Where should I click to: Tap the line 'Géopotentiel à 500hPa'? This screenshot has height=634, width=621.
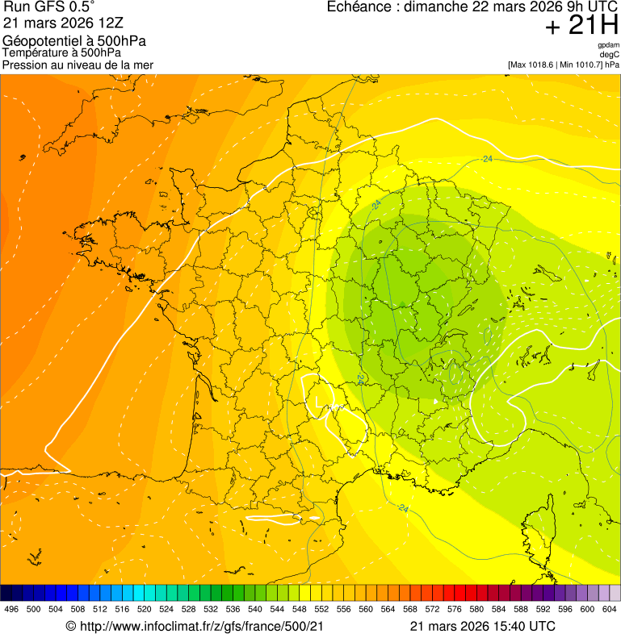pos(75,41)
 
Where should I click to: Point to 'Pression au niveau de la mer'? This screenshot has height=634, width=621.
pos(78,65)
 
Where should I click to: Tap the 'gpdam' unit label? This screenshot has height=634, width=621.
pos(608,45)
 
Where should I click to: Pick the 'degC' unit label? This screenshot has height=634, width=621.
pos(610,54)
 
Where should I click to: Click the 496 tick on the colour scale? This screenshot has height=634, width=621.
pos(11,610)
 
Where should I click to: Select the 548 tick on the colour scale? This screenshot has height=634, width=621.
pos(300,610)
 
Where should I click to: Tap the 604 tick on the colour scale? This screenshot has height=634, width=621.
pos(610,610)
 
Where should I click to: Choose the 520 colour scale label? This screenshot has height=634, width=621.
pos(145,610)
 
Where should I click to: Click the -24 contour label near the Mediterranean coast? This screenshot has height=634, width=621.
pos(401,507)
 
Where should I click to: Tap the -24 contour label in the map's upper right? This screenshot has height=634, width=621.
pos(486,159)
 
